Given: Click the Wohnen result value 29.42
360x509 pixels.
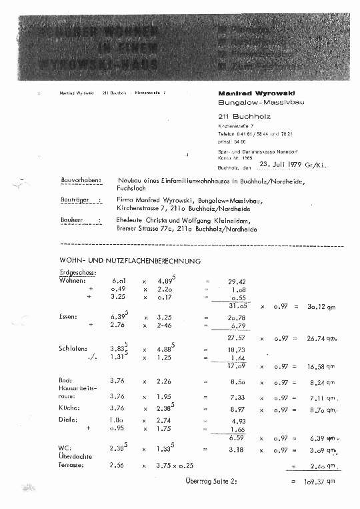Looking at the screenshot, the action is [x=237, y=282].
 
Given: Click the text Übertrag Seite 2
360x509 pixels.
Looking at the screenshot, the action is [x=211, y=480].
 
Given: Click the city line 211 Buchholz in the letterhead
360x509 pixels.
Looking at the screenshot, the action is [x=241, y=116].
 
